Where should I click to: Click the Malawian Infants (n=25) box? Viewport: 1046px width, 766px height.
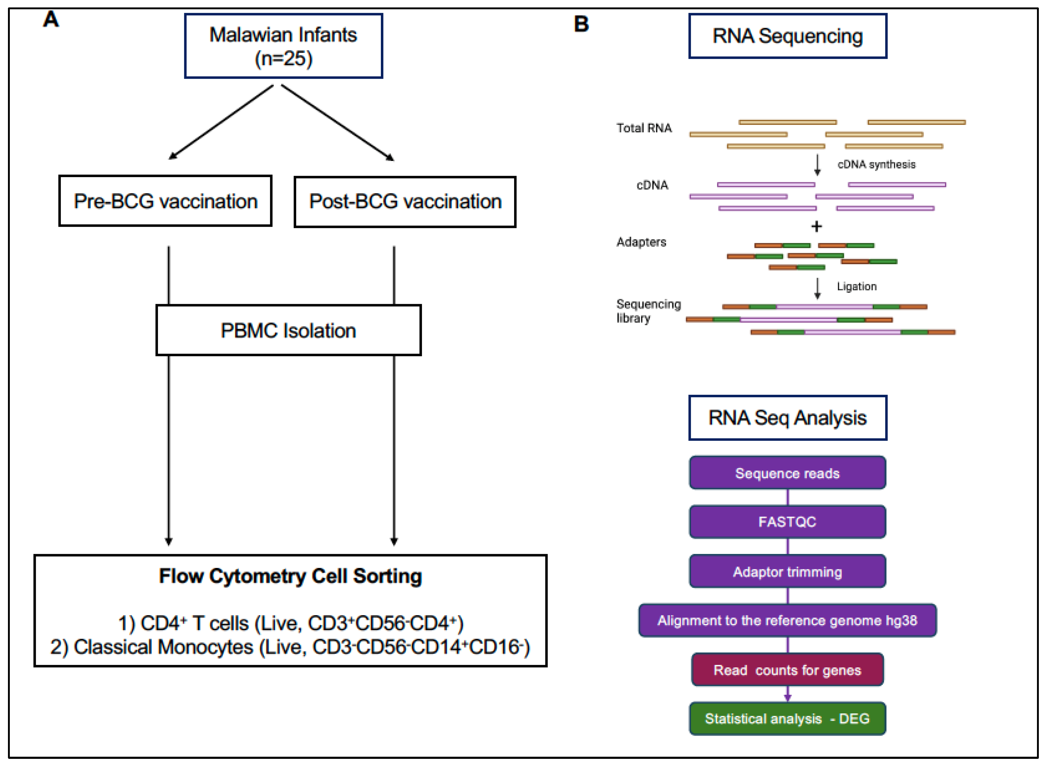(x=283, y=46)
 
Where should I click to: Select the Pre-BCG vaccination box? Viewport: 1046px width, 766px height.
(x=165, y=201)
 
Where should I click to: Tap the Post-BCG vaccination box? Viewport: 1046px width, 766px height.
(x=405, y=202)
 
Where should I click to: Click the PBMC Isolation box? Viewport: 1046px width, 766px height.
(x=288, y=330)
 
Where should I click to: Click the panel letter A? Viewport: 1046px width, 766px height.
(x=51, y=19)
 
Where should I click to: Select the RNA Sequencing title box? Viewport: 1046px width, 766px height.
(x=787, y=36)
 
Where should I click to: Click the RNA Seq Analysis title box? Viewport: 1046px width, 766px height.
(x=787, y=418)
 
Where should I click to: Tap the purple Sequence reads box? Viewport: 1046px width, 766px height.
(x=787, y=473)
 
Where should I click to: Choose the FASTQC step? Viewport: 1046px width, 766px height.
(x=787, y=522)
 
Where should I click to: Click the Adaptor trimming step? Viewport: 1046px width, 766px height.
(x=787, y=572)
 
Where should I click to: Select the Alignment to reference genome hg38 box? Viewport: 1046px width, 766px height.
(x=787, y=620)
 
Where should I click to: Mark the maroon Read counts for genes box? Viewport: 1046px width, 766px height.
(x=787, y=670)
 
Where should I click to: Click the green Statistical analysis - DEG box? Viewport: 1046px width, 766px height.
(x=787, y=719)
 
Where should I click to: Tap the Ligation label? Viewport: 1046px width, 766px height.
(x=857, y=287)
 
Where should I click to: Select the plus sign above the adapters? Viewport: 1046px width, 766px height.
(x=816, y=226)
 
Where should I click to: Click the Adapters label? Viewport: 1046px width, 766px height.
(x=641, y=242)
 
